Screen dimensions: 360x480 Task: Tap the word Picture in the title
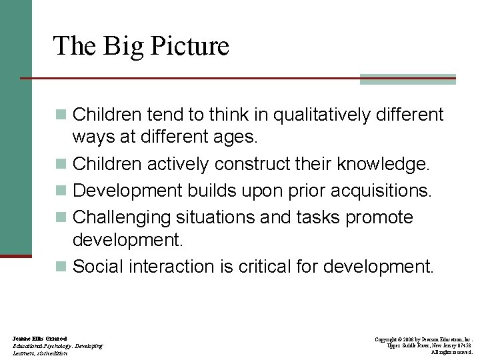click(x=190, y=47)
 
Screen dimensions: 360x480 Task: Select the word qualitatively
click(x=307, y=115)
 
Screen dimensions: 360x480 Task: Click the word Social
click(x=95, y=267)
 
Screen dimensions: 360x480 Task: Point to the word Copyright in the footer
click(x=387, y=340)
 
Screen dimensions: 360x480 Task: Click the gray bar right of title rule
click(x=407, y=79)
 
